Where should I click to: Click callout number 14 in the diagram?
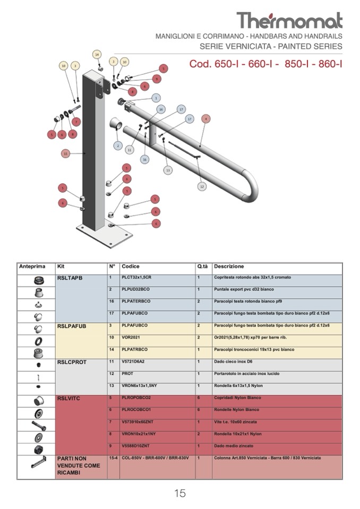pos(97,54)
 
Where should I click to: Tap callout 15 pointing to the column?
pos(65,153)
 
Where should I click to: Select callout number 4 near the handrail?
pos(206,118)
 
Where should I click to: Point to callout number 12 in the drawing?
pos(202,186)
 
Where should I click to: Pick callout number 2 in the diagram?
pos(118,145)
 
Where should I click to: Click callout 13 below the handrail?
pos(168,170)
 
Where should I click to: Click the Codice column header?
pos(131,266)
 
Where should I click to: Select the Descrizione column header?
pos(229,266)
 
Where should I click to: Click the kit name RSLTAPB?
pos(70,278)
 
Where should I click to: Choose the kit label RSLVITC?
pos(68,398)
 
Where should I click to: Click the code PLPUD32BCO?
pos(136,289)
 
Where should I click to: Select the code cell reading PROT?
pos(127,374)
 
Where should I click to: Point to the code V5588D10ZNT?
pos(135,446)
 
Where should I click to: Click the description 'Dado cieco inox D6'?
pos(232,361)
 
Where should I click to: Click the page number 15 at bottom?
pos(180,493)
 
